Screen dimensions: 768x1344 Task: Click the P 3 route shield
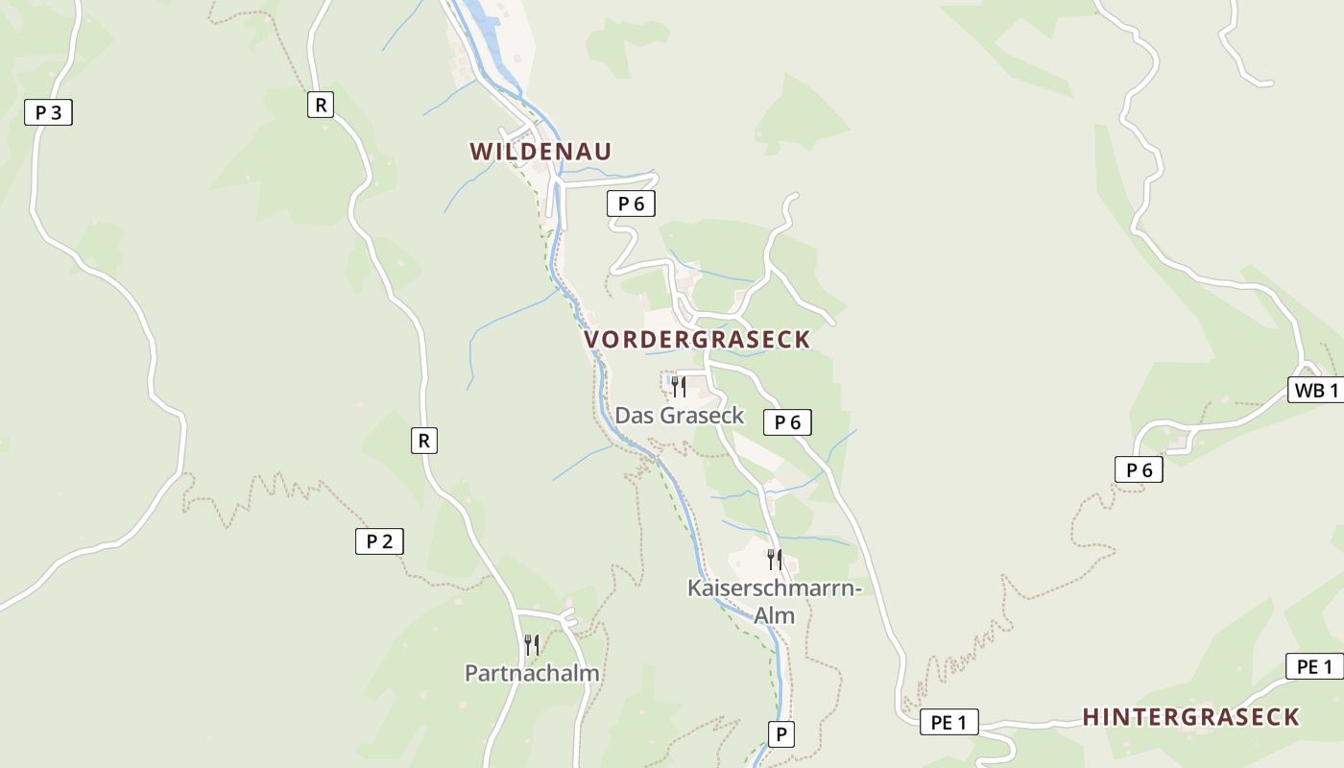coord(48,112)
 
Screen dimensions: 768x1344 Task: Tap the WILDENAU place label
coord(540,152)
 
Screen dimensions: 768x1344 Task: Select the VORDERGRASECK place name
coord(697,340)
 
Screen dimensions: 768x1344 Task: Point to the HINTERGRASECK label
coord(1190,717)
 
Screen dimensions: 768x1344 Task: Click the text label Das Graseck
coord(680,416)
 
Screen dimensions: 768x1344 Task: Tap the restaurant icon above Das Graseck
coord(678,387)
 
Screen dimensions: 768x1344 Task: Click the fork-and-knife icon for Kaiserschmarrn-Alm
coord(774,559)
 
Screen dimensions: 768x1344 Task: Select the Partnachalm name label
coord(532,673)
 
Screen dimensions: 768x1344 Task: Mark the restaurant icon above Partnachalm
coord(531,644)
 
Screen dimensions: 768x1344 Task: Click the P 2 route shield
coord(379,541)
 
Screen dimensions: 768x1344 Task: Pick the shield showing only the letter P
coord(781,735)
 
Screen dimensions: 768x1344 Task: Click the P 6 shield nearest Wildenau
coord(631,204)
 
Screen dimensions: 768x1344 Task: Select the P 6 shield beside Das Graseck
coord(787,421)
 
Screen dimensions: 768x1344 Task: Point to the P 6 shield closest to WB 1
coord(1139,469)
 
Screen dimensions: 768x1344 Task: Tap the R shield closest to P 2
coord(422,442)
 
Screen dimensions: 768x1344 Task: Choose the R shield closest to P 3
coord(321,105)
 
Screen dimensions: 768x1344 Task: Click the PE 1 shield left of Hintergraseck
coord(949,722)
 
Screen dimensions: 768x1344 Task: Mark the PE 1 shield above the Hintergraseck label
coord(1314,666)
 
